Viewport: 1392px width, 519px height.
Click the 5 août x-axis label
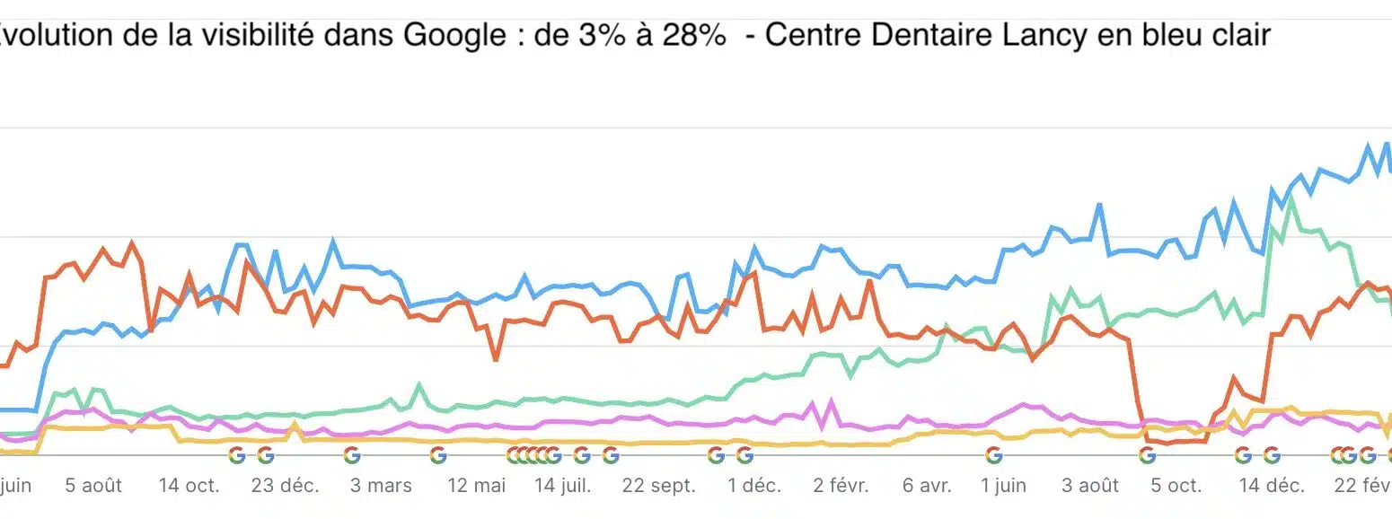pos(93,486)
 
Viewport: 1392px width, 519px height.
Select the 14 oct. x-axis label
pos(189,486)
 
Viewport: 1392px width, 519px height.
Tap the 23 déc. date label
pos(285,486)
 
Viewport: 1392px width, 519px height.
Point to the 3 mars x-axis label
pos(381,486)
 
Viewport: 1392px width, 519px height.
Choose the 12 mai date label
pos(477,486)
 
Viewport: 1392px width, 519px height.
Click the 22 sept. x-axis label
pos(659,486)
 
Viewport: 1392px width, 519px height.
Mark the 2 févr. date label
pos(841,486)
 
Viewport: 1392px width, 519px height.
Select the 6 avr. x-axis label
pos(927,486)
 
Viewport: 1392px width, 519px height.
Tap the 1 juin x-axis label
pos(1003,486)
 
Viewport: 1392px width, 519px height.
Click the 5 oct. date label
pos(1176,486)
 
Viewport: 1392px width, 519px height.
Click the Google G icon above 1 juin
pos(993,455)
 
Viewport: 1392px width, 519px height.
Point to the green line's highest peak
pos(1291,199)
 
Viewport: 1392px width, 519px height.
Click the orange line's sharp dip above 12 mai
pos(496,359)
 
